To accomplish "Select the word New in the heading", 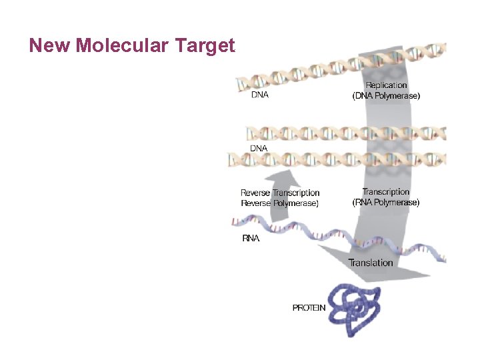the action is [51, 45].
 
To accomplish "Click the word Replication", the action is [386, 85].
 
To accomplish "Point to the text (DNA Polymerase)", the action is [386, 96].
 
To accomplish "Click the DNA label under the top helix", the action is [259, 95].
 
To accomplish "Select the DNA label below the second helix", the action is [258, 148].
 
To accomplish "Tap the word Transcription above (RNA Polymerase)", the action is [386, 192].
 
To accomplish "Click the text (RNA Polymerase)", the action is [386, 203].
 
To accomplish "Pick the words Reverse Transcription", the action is [280, 193].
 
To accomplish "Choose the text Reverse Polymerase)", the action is [279, 203].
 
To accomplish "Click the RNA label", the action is [251, 239].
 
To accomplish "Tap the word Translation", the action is [371, 263].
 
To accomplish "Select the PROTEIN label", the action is [309, 308].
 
